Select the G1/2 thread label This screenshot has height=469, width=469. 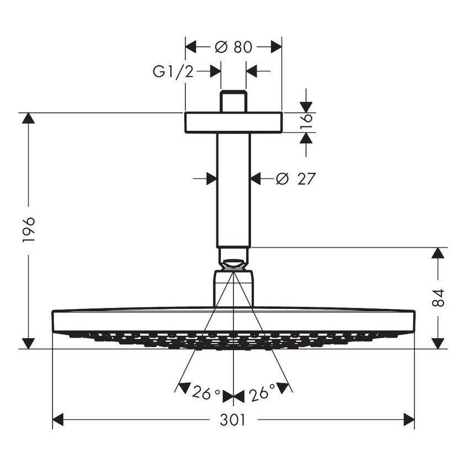(173, 71)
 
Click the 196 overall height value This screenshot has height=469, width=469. (29, 230)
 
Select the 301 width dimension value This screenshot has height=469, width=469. (232, 420)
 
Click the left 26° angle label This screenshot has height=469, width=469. (206, 394)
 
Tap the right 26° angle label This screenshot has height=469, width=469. (262, 394)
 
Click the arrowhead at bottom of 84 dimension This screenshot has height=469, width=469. (438, 343)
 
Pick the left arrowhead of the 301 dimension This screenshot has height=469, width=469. (59, 420)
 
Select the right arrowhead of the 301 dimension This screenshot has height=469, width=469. (408, 420)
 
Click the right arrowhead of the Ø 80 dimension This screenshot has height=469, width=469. (275, 47)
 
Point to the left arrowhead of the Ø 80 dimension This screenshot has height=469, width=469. (191, 47)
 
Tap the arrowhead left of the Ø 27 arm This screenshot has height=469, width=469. (210, 179)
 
